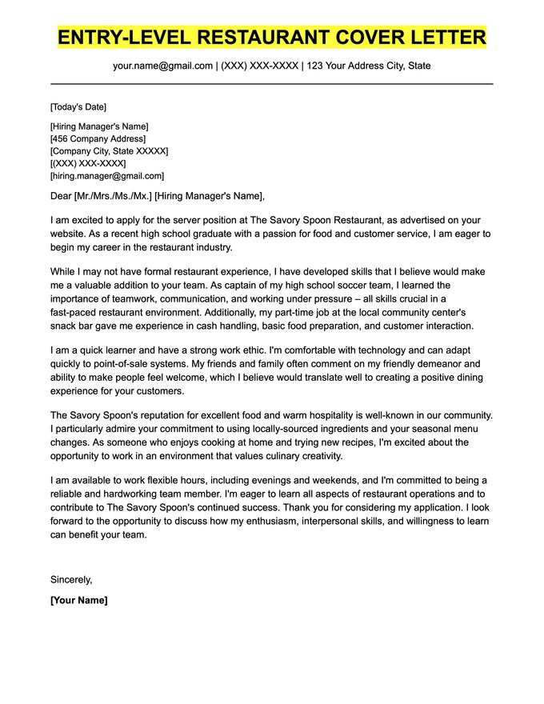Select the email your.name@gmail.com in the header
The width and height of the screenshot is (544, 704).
(162, 66)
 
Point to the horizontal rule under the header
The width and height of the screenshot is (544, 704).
(272, 83)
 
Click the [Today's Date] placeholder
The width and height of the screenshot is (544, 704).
(78, 107)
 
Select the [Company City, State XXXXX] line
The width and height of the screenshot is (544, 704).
(109, 151)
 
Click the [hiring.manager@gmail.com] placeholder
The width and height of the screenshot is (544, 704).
(106, 176)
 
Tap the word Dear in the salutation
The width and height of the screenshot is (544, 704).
(61, 196)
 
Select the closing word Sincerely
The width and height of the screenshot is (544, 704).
(71, 579)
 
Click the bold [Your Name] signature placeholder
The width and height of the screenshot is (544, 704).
(78, 600)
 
